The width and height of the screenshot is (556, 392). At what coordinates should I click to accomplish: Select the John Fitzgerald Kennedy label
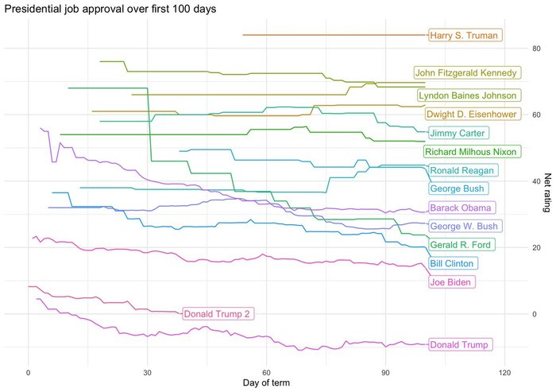click(x=467, y=72)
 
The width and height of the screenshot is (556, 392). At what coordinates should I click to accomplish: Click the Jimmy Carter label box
click(x=458, y=133)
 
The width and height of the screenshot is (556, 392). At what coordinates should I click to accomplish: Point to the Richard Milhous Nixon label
click(x=471, y=152)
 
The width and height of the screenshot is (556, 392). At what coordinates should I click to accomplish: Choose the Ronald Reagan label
click(x=462, y=170)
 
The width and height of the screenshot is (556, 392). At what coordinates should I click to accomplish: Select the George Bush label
click(x=458, y=188)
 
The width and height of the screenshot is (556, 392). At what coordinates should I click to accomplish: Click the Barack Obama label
click(x=461, y=208)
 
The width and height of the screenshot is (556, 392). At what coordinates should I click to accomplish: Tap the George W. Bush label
click(x=465, y=226)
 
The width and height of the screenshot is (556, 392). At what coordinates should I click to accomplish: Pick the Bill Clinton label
click(x=452, y=263)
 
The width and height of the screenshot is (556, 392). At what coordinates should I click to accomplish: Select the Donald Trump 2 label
click(x=218, y=313)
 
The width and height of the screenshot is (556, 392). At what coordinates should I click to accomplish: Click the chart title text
click(x=110, y=10)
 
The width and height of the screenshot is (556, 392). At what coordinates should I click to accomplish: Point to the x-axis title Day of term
click(x=266, y=383)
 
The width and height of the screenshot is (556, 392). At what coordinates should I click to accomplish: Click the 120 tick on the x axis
click(x=504, y=371)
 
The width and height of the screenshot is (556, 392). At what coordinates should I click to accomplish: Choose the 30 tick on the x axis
click(x=148, y=371)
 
